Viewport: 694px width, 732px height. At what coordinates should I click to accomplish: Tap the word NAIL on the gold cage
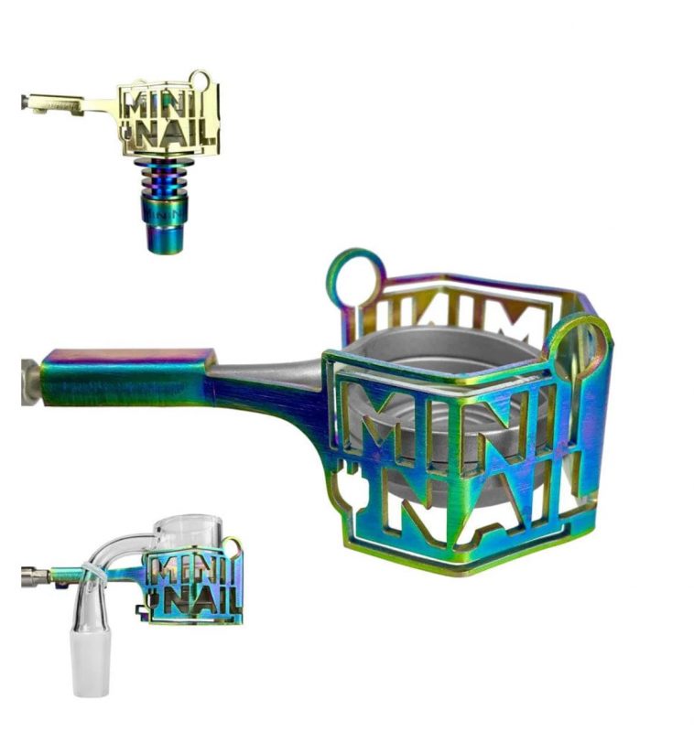click(174, 135)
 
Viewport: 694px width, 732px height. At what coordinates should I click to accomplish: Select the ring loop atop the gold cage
click(199, 80)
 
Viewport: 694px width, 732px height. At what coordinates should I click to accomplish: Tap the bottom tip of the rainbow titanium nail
click(165, 242)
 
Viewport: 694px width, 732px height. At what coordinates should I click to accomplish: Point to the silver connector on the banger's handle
click(35, 577)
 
